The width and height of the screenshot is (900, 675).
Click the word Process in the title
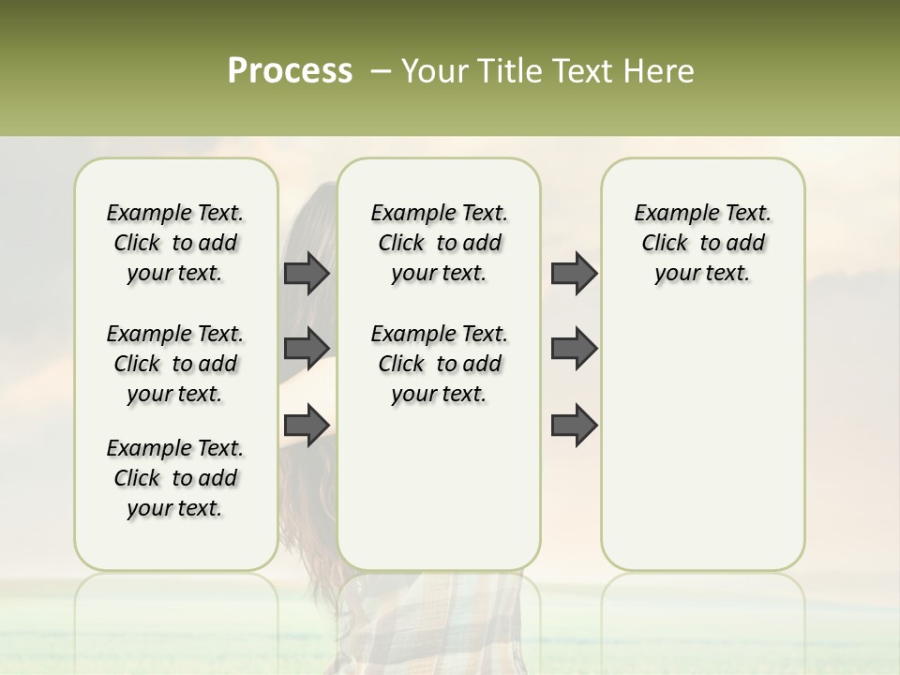(x=290, y=71)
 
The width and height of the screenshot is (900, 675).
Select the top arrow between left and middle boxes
(x=307, y=273)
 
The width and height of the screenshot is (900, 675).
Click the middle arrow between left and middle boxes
(x=307, y=348)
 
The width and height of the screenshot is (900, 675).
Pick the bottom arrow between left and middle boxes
(x=307, y=424)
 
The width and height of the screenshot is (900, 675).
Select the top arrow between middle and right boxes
(x=574, y=273)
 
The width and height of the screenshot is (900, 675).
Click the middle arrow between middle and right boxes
(x=574, y=348)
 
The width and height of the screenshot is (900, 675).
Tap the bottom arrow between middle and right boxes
(x=574, y=424)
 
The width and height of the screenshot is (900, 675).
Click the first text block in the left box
(x=175, y=243)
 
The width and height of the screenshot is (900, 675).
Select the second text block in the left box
(x=175, y=364)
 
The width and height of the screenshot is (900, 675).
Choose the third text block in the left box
(x=175, y=478)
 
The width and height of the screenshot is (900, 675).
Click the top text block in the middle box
(x=439, y=243)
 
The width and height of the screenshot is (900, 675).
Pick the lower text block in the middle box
(x=439, y=364)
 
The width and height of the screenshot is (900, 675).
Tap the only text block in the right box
(x=702, y=243)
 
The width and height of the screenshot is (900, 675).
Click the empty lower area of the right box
(x=702, y=441)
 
